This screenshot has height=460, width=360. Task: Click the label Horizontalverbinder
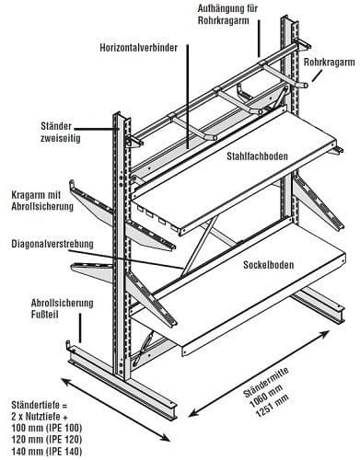pyautogui.click(x=139, y=48)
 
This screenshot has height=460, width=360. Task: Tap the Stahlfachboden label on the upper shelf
pyautogui.click(x=258, y=156)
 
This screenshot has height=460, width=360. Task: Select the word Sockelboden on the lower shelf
pyautogui.click(x=269, y=265)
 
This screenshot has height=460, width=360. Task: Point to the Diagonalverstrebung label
pyautogui.click(x=52, y=244)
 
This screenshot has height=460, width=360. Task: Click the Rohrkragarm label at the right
pyautogui.click(x=330, y=63)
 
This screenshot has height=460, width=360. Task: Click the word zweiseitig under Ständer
pyautogui.click(x=61, y=138)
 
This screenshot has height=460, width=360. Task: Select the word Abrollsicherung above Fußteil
pyautogui.click(x=62, y=304)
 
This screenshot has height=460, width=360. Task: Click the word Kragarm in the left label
pyautogui.click(x=27, y=195)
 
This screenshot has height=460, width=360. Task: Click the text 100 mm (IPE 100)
pyautogui.click(x=47, y=428)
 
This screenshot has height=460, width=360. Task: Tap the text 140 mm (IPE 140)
pyautogui.click(x=47, y=452)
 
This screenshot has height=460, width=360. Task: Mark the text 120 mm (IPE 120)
pyautogui.click(x=47, y=440)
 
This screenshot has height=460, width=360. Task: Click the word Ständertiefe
pyautogui.click(x=36, y=404)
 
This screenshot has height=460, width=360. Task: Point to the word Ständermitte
pyautogui.click(x=266, y=381)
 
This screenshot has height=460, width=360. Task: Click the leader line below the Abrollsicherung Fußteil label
pyautogui.click(x=80, y=328)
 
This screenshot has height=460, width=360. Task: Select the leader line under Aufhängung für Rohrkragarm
pyautogui.click(x=260, y=39)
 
